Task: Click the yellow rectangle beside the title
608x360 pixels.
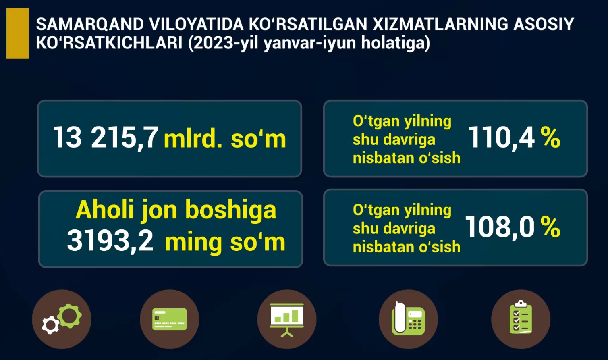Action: click(18, 33)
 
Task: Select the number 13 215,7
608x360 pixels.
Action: click(106, 137)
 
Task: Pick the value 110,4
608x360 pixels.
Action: click(501, 137)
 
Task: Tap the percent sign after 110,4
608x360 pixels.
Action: click(550, 137)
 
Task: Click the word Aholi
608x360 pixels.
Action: click(105, 210)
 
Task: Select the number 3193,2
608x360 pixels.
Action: click(110, 241)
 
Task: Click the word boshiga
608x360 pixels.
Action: click(231, 211)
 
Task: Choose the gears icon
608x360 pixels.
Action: click(62, 319)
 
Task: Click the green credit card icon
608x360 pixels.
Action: click(170, 319)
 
